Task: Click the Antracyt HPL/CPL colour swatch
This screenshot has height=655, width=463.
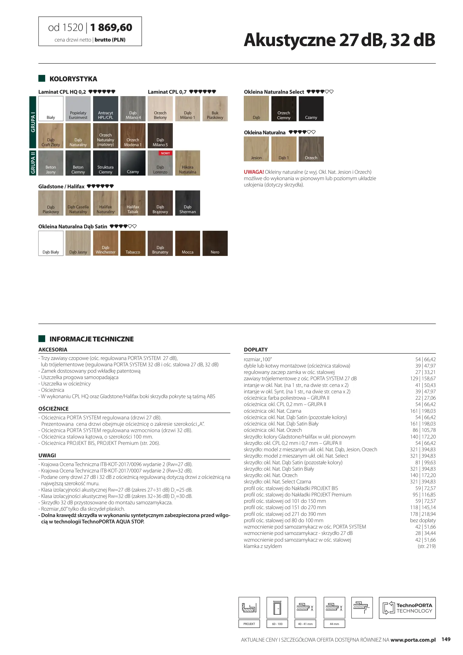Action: pyautogui.click(x=106, y=109)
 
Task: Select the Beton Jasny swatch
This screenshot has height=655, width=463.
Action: pyautogui.click(x=51, y=163)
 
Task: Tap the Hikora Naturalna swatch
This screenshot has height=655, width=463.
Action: pyautogui.click(x=187, y=163)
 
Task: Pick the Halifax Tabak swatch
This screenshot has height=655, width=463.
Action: pyautogui.click(x=133, y=203)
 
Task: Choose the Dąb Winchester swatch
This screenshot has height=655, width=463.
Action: pyautogui.click(x=106, y=243)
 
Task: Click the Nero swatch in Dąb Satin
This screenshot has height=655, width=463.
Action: pyautogui.click(x=215, y=243)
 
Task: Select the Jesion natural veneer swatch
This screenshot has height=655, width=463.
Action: pyautogui.click(x=256, y=149)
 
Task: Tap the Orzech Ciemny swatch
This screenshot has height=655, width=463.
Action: pyautogui.click(x=284, y=109)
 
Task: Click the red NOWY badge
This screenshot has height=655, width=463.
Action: pyautogui.click(x=166, y=153)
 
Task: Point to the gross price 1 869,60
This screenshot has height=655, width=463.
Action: pyautogui.click(x=111, y=28)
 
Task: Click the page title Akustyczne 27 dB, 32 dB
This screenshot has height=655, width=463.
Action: pyautogui.click(x=339, y=40)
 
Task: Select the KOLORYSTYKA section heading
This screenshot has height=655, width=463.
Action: pyautogui.click(x=73, y=79)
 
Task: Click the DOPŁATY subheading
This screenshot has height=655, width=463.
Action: pyautogui.click(x=256, y=350)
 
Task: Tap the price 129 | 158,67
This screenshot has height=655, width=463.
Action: pyautogui.click(x=423, y=379)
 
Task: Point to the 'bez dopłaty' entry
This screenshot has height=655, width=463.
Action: pyautogui.click(x=423, y=521)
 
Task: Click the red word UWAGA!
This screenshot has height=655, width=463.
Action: pyautogui.click(x=254, y=172)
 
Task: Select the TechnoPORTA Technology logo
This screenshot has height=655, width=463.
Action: pyautogui.click(x=407, y=608)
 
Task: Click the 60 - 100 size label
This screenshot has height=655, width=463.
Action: pyautogui.click(x=277, y=624)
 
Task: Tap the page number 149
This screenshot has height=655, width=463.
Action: pyautogui.click(x=446, y=639)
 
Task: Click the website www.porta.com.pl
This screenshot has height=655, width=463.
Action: pyautogui.click(x=413, y=640)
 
